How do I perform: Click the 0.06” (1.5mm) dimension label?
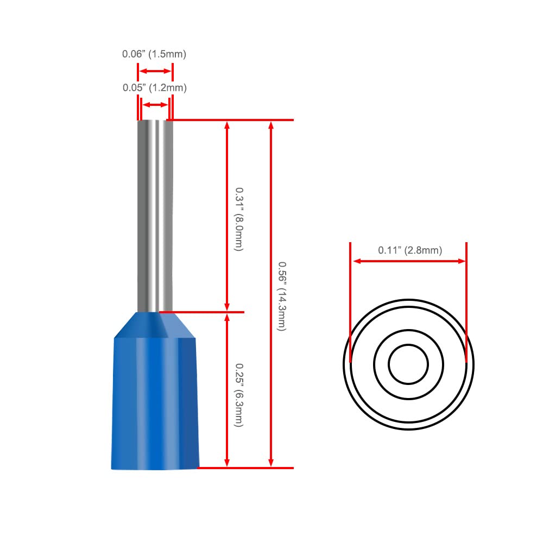pyautogui.click(x=154, y=54)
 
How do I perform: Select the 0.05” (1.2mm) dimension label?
pyautogui.click(x=154, y=87)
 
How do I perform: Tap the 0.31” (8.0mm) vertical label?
pyautogui.click(x=239, y=219)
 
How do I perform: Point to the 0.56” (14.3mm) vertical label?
pyautogui.click(x=282, y=296)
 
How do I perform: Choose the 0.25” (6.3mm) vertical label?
pyautogui.click(x=239, y=395)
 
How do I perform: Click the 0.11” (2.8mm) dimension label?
pyautogui.click(x=410, y=250)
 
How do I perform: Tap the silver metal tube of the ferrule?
pyautogui.click(x=155, y=216)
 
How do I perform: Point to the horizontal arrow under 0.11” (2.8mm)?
pyautogui.click(x=409, y=261)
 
